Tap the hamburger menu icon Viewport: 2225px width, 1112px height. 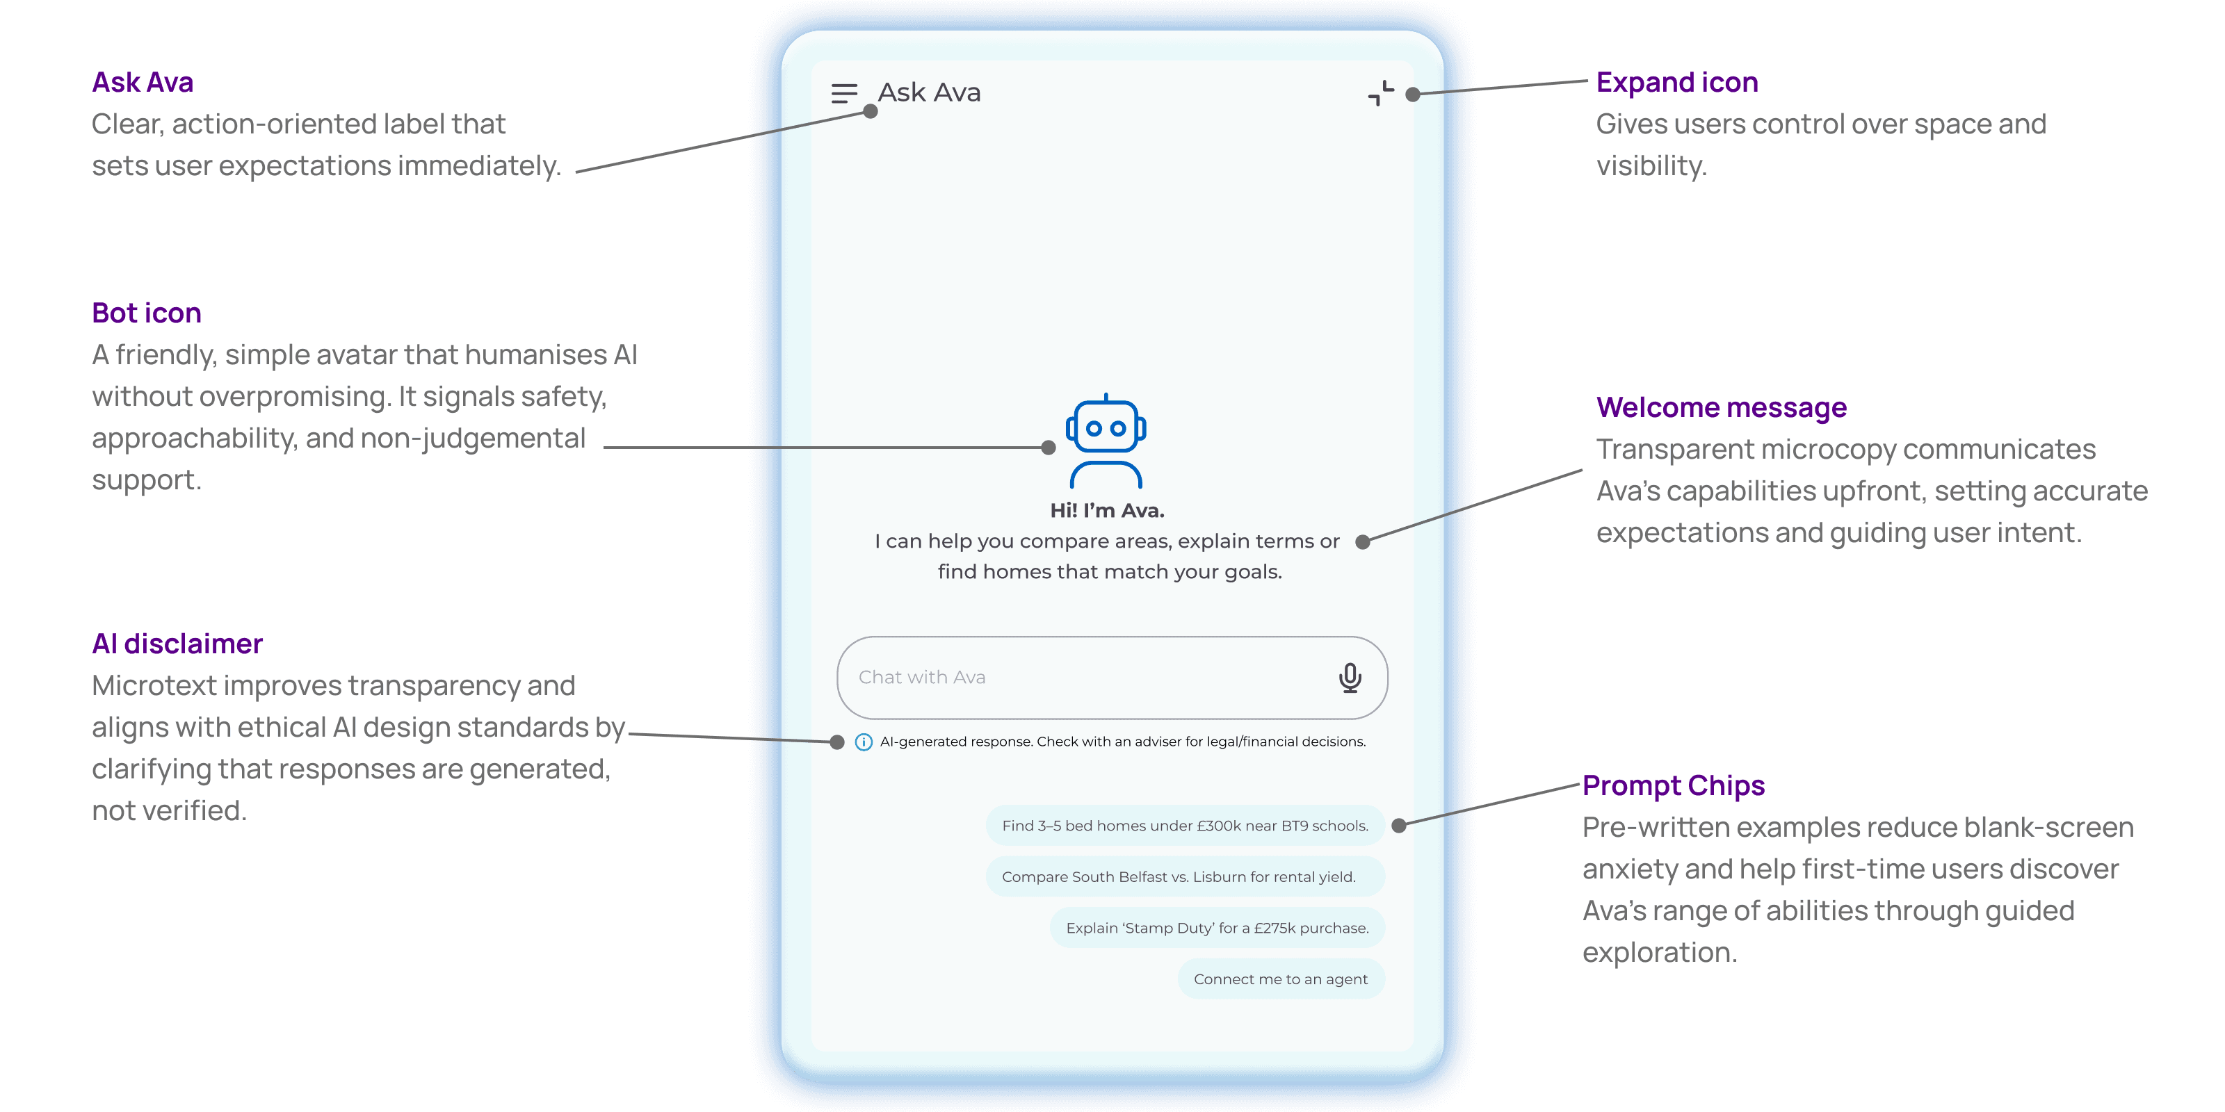(x=844, y=93)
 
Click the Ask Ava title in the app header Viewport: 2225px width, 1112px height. (x=930, y=92)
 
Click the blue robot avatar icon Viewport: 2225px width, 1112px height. (x=1106, y=441)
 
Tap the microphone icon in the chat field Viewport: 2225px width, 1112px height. (x=1350, y=678)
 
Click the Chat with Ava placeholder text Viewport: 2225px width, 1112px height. (x=921, y=678)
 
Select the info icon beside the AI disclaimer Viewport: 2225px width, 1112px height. (x=863, y=742)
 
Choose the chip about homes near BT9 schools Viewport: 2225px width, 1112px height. (x=1185, y=826)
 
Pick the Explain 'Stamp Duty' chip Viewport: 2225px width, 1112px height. (x=1217, y=928)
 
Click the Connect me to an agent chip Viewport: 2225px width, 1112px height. (x=1280, y=979)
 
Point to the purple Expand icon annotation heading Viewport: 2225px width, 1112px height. (x=1676, y=82)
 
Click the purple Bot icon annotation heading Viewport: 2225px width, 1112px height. (x=147, y=313)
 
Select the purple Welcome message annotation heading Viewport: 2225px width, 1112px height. (x=1721, y=407)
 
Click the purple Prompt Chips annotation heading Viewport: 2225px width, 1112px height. (x=1673, y=785)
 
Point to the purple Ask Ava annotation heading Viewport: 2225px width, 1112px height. (x=143, y=82)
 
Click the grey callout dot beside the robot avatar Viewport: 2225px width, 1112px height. (x=1049, y=447)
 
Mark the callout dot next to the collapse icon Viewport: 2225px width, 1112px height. (x=1413, y=94)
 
